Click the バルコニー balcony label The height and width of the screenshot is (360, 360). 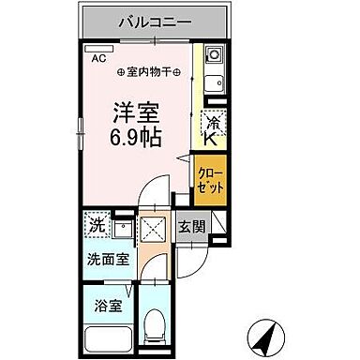coord(156,20)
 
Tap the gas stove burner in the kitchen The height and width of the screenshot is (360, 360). coord(212,55)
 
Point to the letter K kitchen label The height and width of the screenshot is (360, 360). coord(213,138)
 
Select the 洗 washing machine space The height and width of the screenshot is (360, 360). coord(97,226)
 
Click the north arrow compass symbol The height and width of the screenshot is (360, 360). coord(264,334)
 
